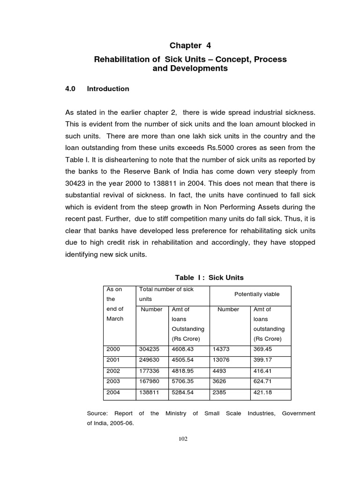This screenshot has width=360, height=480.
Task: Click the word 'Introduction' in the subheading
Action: click(108, 89)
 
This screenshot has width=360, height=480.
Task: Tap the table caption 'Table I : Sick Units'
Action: click(209, 277)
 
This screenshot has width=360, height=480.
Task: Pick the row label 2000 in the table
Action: click(113, 349)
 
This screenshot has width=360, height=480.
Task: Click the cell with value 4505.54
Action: click(184, 360)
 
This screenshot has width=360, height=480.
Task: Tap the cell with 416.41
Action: click(263, 371)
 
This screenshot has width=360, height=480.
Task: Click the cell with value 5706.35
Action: click(184, 382)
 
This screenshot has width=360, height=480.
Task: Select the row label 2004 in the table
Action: click(113, 392)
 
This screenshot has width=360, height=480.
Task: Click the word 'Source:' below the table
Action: click(98, 413)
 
